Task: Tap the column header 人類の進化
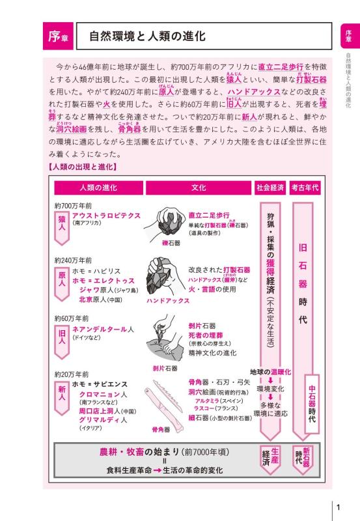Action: [x=98, y=188]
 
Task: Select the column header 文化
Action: [x=199, y=188]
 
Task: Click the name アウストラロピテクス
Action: [x=106, y=214]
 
